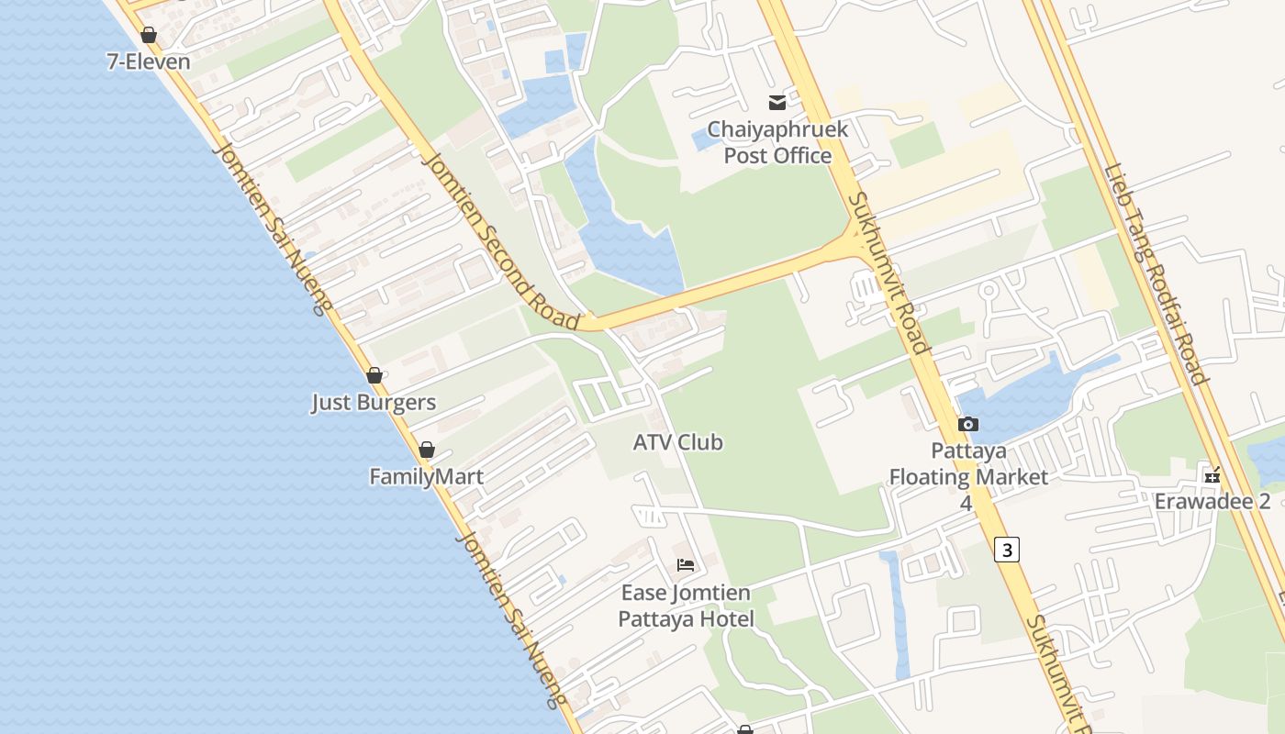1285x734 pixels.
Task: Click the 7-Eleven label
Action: [x=149, y=62]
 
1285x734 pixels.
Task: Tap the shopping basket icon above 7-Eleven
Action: [x=149, y=35]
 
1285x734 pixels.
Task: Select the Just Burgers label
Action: [x=374, y=403]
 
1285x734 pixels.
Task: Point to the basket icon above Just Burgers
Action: [x=374, y=375]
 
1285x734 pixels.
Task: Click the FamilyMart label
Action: [x=426, y=477]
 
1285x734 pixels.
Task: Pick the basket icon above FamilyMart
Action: [x=426, y=450]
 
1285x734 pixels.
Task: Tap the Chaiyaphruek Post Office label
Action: [x=777, y=142]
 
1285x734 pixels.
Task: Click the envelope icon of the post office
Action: [x=777, y=103]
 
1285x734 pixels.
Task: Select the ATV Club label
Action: [x=678, y=442]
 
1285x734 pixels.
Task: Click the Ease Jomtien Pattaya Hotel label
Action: [x=686, y=606]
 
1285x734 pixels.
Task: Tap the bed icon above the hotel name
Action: [x=686, y=565]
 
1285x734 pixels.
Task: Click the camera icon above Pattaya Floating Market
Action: [x=967, y=424]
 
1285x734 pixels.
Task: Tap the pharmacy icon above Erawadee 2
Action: [x=1212, y=475]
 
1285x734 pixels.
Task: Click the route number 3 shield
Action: [x=1007, y=550]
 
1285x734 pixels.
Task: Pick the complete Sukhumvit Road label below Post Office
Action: [x=888, y=272]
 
